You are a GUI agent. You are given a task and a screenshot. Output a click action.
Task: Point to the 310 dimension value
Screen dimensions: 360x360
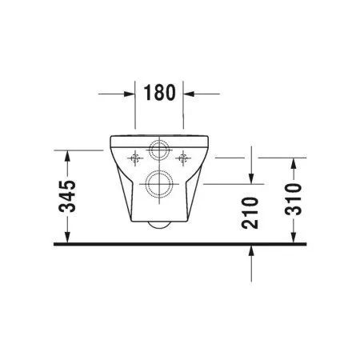(x=294, y=199)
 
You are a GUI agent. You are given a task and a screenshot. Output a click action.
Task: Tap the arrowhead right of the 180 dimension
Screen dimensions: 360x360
(x=189, y=94)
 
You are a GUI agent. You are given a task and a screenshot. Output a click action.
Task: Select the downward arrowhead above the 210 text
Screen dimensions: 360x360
(x=252, y=177)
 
